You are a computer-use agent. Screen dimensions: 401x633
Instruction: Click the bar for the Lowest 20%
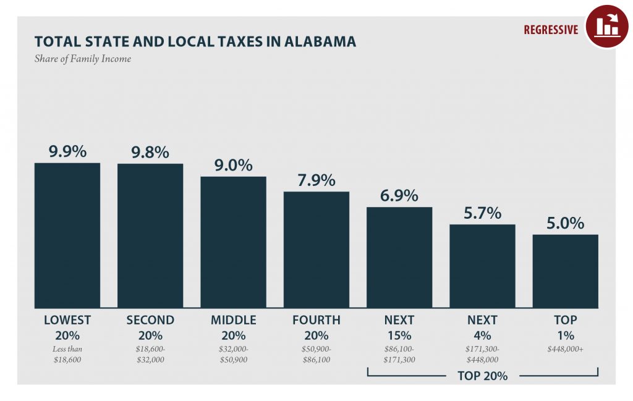point(67,235)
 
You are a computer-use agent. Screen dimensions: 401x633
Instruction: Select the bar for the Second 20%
point(150,235)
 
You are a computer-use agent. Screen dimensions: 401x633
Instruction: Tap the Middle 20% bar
point(233,242)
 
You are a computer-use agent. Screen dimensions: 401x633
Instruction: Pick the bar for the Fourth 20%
point(316,250)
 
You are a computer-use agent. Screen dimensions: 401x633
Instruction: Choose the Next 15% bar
point(399,257)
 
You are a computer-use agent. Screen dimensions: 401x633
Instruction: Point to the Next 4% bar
point(482,266)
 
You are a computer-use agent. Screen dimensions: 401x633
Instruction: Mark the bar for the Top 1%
point(565,271)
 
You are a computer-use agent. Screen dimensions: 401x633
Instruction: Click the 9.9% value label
point(67,151)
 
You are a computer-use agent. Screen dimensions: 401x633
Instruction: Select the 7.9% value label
point(316,180)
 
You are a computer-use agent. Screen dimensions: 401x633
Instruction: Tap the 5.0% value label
point(565,222)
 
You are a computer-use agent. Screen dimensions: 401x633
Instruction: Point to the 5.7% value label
point(482,213)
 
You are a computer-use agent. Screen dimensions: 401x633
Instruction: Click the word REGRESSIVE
point(551,30)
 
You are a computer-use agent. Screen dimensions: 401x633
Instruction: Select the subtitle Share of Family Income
point(82,59)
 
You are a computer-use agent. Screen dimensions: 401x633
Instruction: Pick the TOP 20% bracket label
point(482,375)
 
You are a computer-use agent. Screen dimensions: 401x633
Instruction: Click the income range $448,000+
point(565,349)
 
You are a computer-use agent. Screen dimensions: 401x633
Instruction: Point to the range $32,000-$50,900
point(233,354)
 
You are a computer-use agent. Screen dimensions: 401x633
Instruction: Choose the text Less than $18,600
point(67,354)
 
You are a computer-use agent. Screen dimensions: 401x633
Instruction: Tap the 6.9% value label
point(399,195)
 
